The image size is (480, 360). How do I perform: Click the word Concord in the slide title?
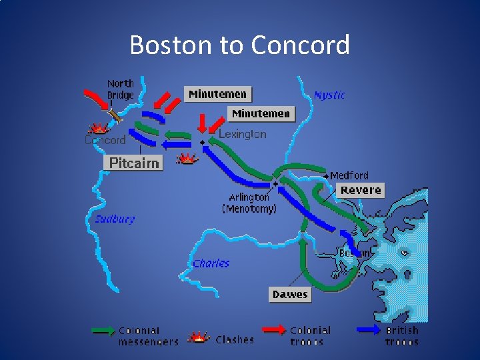301,45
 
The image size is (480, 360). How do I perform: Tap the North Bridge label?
121,89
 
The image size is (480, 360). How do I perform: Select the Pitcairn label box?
134,163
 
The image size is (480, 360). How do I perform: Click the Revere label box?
361,190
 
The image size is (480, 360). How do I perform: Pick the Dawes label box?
290,294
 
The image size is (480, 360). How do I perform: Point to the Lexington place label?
243,134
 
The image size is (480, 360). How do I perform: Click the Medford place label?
349,176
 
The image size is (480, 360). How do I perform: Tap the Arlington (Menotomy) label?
249,203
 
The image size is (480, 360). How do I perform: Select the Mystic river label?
329,95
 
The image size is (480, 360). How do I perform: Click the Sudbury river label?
114,219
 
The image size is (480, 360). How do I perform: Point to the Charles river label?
211,263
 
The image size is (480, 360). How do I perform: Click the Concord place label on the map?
105,140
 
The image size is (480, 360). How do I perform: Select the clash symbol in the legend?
199,337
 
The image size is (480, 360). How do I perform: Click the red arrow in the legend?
273,329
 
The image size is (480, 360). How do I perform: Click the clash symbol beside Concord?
99,128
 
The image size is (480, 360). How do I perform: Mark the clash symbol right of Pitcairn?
187,159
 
